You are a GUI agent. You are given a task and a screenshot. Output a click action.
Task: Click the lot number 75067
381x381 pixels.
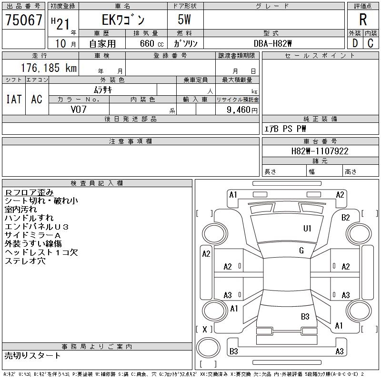click(x=23, y=20)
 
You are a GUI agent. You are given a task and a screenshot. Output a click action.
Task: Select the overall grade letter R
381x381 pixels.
click(x=363, y=20)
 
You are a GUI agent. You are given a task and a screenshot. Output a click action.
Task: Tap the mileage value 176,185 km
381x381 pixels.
click(x=49, y=68)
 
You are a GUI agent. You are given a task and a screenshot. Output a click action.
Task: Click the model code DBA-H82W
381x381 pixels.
click(x=272, y=43)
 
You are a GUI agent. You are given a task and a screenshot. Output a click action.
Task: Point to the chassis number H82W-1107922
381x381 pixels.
click(x=320, y=151)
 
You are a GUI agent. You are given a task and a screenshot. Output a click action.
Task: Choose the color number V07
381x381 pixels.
click(x=79, y=110)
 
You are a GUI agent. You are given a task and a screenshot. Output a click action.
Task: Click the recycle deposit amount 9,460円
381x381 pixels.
click(x=242, y=110)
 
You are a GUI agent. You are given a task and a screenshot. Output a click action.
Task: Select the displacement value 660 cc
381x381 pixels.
click(x=151, y=44)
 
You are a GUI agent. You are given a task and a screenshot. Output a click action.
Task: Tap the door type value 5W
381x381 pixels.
click(x=184, y=20)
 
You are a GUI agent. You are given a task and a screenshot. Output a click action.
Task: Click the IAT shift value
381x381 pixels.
click(x=14, y=99)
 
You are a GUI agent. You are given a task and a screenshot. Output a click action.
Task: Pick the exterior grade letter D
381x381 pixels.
click(x=355, y=43)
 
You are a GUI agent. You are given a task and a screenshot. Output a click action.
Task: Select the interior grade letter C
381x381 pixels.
click(x=371, y=43)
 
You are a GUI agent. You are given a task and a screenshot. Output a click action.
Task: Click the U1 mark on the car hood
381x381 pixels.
click(x=307, y=229)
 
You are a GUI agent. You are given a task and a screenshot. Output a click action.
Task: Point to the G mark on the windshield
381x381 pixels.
click(x=301, y=251)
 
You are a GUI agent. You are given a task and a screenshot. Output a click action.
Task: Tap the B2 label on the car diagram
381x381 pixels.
click(x=345, y=218)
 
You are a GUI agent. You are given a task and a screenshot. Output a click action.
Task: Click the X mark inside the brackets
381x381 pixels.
click(x=205, y=330)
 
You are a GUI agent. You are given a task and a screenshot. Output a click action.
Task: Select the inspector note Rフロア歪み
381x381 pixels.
click(x=29, y=192)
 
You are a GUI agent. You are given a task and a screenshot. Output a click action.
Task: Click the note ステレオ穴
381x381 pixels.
click(x=25, y=261)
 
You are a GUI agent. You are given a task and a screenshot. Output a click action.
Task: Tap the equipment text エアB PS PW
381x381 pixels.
click(x=285, y=129)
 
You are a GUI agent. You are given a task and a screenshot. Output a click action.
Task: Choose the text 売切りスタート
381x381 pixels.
click(x=32, y=356)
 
